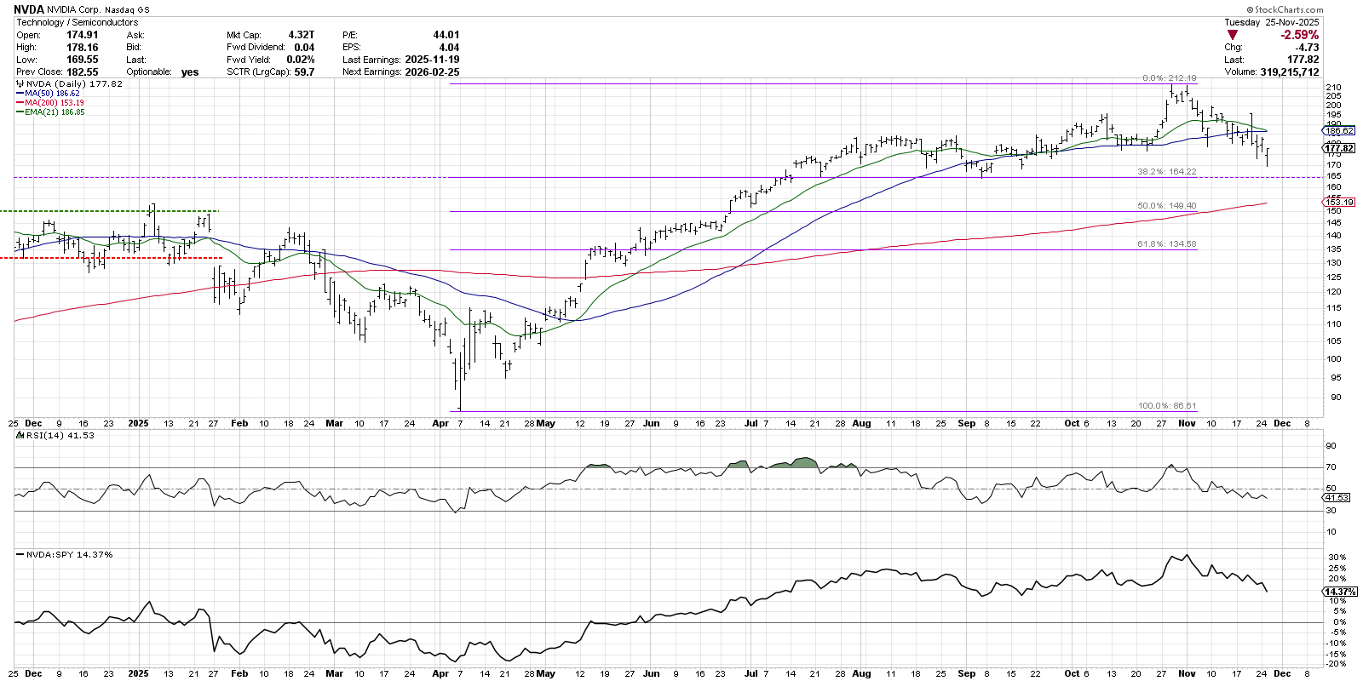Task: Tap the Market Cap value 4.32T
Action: tap(302, 35)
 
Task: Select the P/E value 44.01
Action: tap(446, 35)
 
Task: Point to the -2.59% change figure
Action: tap(1299, 35)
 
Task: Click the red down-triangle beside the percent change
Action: tap(1232, 35)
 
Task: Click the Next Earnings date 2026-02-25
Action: tap(432, 72)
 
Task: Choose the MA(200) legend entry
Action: tap(55, 103)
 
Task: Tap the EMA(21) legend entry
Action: tap(55, 112)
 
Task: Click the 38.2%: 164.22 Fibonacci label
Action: tap(1166, 172)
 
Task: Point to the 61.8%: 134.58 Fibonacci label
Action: tap(1166, 244)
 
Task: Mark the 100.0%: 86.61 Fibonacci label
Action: tap(1166, 406)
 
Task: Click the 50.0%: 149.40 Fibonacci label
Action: tap(1166, 206)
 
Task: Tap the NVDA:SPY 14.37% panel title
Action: tap(69, 554)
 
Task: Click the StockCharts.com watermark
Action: tap(1289, 10)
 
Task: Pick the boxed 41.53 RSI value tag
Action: tap(1337, 497)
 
